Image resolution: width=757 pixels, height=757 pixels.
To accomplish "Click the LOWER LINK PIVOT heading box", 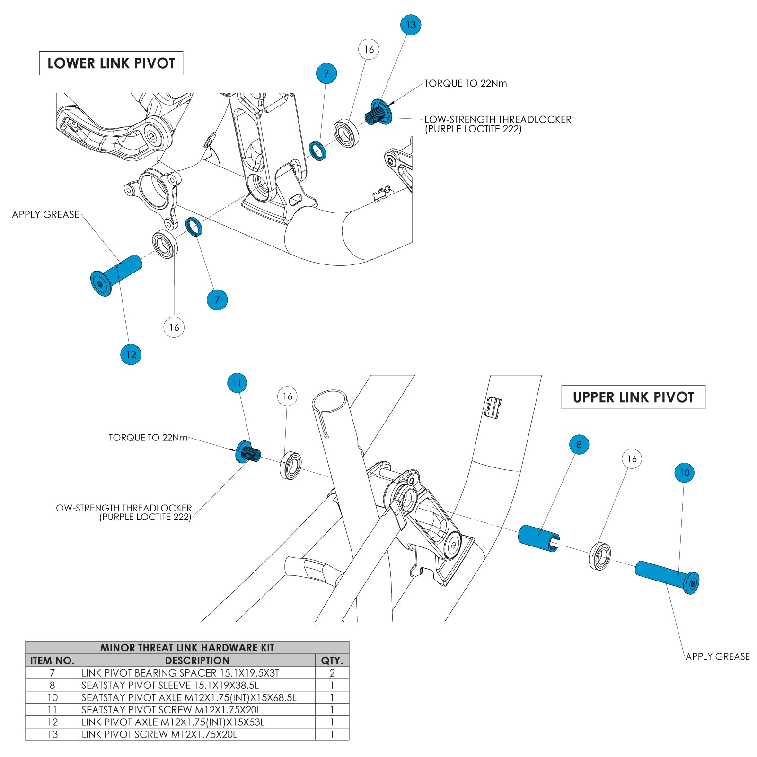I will tap(111, 63).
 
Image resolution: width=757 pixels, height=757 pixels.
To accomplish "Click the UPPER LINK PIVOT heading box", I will tap(633, 397).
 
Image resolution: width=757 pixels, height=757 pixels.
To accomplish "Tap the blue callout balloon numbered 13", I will tap(411, 25).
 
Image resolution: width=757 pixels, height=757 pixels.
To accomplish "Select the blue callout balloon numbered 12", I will tap(131, 354).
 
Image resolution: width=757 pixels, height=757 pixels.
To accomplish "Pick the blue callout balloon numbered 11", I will tap(237, 383).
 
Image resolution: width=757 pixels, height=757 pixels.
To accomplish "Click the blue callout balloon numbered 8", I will tap(579, 444).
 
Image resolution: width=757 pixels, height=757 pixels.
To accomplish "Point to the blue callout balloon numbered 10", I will tap(684, 472).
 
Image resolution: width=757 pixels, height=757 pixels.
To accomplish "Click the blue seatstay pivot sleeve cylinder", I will tap(538, 538).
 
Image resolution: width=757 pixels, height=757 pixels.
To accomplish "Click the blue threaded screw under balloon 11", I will tap(247, 452).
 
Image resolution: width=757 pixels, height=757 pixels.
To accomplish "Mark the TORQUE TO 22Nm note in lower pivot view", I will tap(465, 84).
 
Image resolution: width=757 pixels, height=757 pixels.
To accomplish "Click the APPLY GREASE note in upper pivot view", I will tap(717, 656).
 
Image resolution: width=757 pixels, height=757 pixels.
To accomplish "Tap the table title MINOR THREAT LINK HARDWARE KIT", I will tap(187, 648).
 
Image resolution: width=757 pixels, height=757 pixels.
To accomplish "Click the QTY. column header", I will tap(332, 660).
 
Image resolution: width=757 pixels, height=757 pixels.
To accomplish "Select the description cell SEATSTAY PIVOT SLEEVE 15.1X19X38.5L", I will tap(170, 685).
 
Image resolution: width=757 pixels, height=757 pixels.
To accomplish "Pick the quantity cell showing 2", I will tap(332, 673).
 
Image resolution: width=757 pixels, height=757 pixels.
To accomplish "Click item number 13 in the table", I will tap(53, 734).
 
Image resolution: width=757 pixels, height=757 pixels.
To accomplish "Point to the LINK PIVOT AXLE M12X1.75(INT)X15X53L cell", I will tap(173, 722).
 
